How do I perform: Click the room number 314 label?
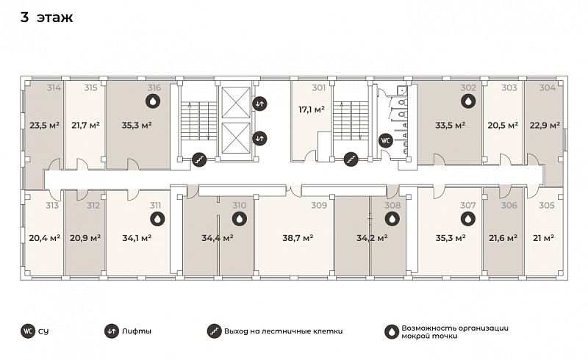[x=54, y=87]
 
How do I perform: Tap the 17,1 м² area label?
[x=312, y=109]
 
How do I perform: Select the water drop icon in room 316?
[x=153, y=101]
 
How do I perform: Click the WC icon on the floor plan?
[x=385, y=140]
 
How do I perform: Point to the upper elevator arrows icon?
[x=259, y=104]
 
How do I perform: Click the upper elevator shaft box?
[x=236, y=103]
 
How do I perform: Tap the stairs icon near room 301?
[x=351, y=159]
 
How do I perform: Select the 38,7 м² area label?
[x=298, y=238]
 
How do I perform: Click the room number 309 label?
[x=319, y=206]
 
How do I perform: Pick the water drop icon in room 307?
[x=468, y=219]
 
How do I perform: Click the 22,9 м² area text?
[x=545, y=125]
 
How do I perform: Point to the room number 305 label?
[x=547, y=206]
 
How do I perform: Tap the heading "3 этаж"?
[x=46, y=17]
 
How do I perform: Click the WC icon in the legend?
[x=28, y=331]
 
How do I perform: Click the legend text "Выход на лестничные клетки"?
[x=284, y=331]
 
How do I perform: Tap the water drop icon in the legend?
[x=392, y=332]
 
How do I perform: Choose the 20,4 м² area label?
[x=45, y=238]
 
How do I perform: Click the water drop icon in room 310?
[x=240, y=219]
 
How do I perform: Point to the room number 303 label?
[x=509, y=87]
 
